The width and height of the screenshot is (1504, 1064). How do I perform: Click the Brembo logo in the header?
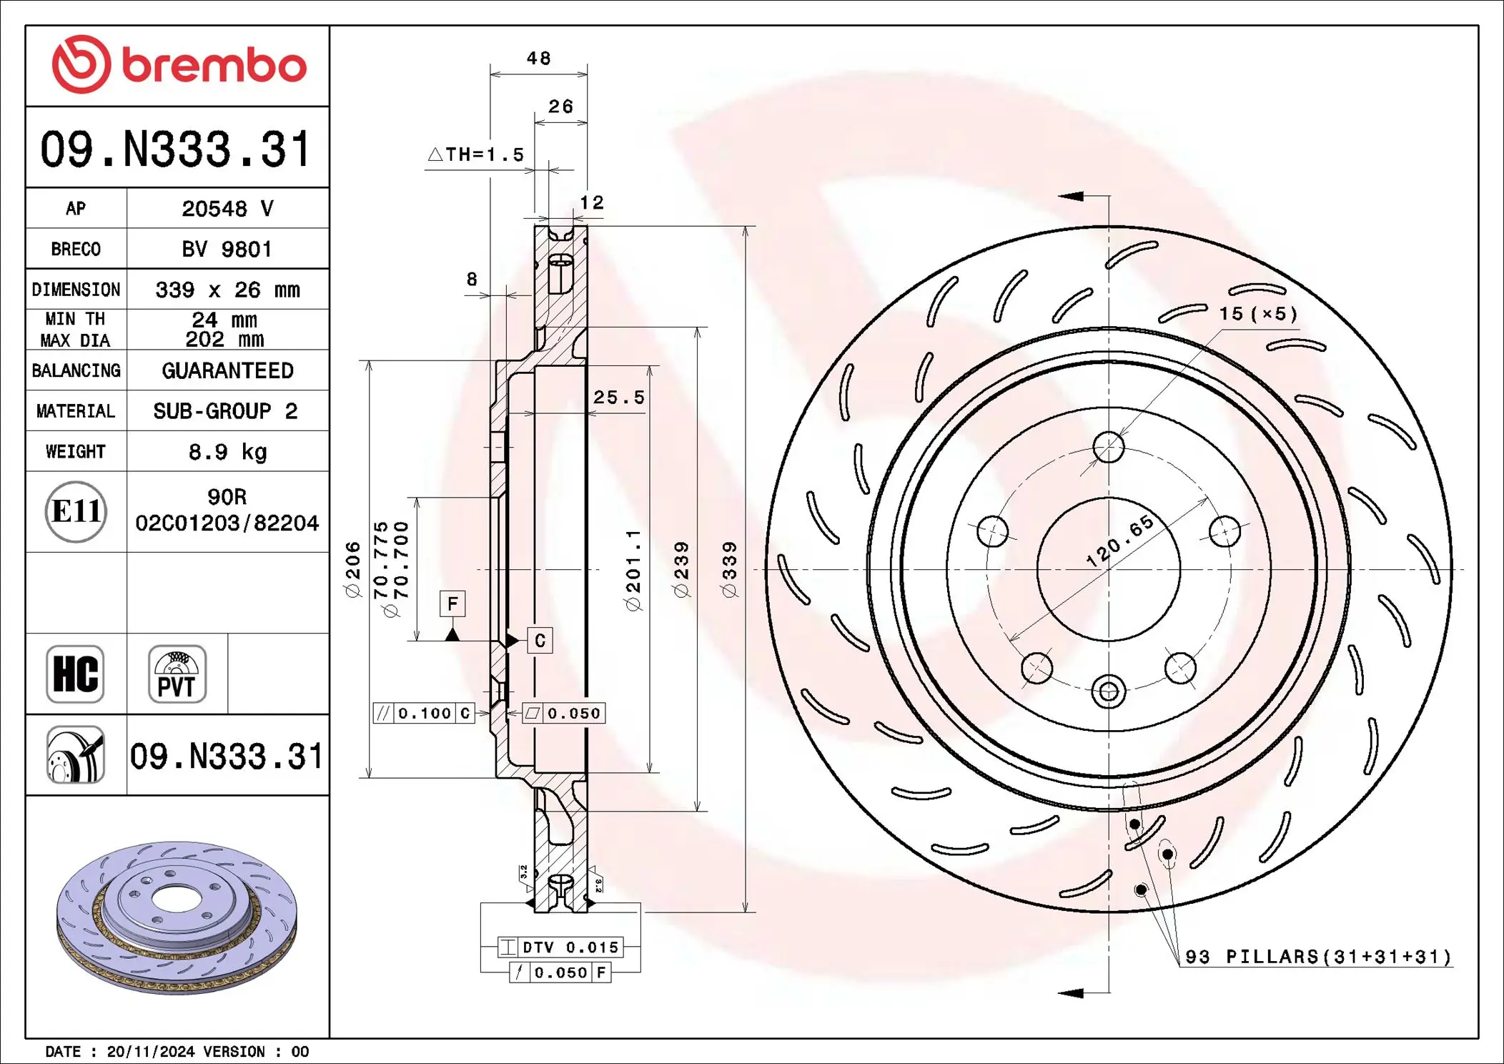pyautogui.click(x=179, y=64)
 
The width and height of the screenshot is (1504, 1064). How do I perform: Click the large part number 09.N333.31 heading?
pyautogui.click(x=176, y=149)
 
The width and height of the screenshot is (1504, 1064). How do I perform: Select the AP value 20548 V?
pyautogui.click(x=227, y=208)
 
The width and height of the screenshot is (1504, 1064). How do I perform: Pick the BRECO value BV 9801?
pyautogui.click(x=227, y=249)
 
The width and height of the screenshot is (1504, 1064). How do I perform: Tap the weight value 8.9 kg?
pyautogui.click(x=227, y=452)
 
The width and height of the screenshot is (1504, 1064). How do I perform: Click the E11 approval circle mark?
pyautogui.click(x=76, y=511)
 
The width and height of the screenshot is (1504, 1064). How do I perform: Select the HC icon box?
pyautogui.click(x=75, y=674)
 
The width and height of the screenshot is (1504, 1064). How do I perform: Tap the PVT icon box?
pyautogui.click(x=177, y=674)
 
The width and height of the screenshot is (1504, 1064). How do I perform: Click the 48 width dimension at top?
pyautogui.click(x=538, y=59)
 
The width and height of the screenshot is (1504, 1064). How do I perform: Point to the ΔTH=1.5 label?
pyautogui.click(x=476, y=154)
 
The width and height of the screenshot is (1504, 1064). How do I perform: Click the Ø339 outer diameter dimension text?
pyautogui.click(x=728, y=569)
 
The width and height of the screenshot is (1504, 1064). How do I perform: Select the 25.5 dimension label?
pyautogui.click(x=618, y=398)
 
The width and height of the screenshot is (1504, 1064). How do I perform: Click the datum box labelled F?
pyautogui.click(x=452, y=604)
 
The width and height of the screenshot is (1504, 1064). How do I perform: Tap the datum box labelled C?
pyautogui.click(x=540, y=641)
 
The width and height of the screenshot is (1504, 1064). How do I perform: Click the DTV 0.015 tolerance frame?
pyautogui.click(x=560, y=947)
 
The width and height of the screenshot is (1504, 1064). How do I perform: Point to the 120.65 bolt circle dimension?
pyautogui.click(x=1119, y=541)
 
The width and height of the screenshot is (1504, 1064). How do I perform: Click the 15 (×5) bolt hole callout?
pyautogui.click(x=1258, y=314)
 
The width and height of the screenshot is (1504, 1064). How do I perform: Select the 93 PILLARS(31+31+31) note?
pyautogui.click(x=1317, y=957)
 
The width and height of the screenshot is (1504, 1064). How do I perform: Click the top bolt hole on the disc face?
pyautogui.click(x=1109, y=448)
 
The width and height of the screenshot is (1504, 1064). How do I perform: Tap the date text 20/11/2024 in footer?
pyautogui.click(x=150, y=1052)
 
